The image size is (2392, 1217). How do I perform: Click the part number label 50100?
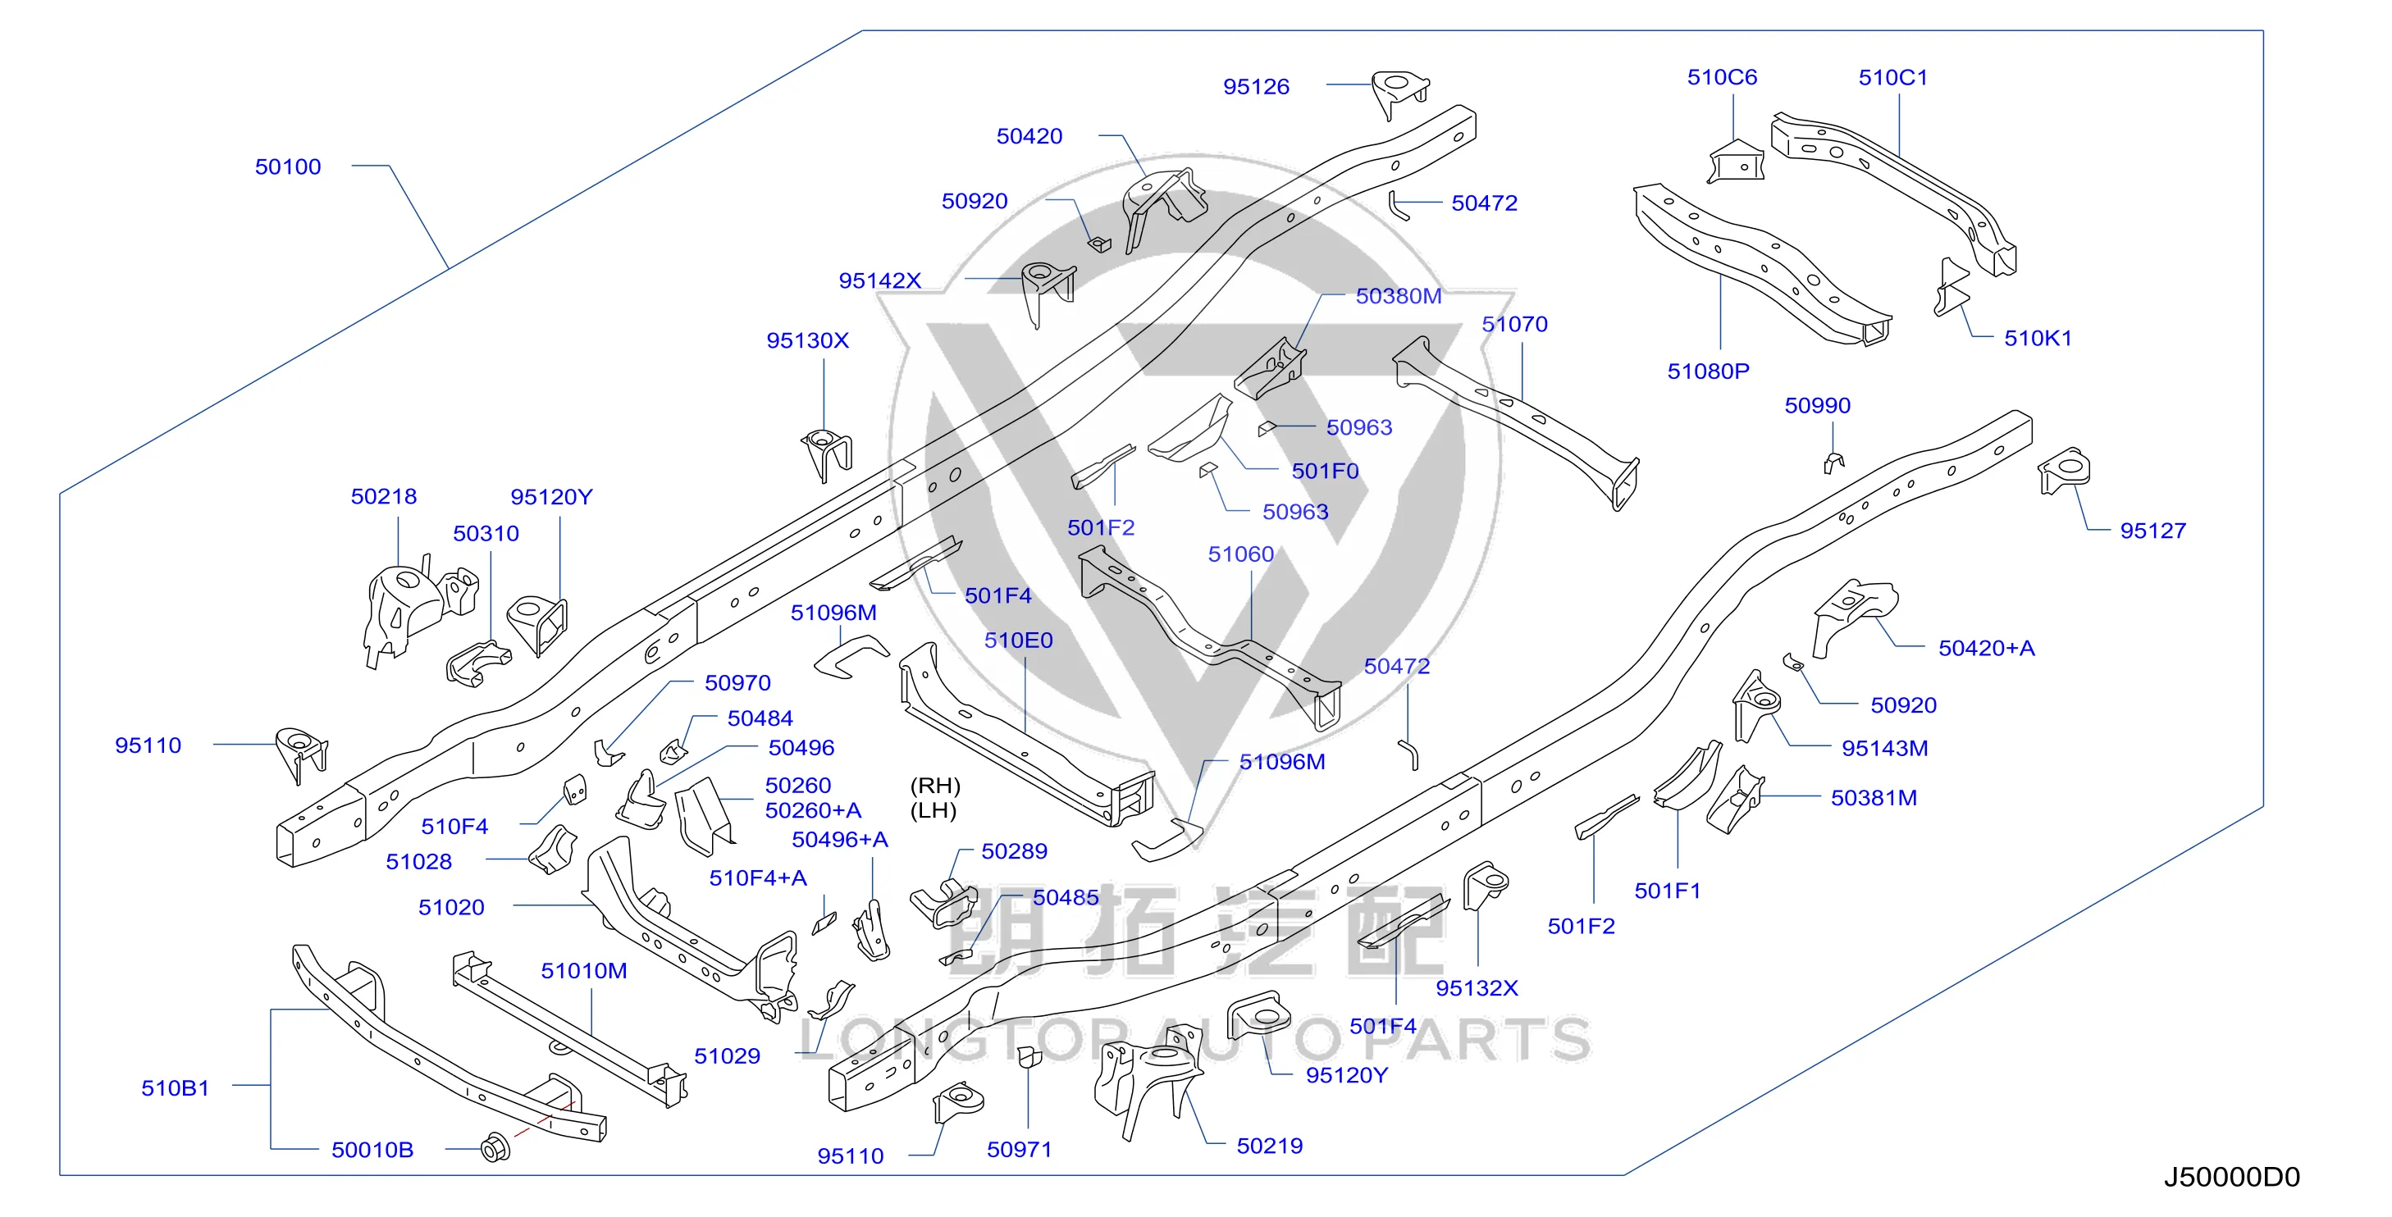pos(288,167)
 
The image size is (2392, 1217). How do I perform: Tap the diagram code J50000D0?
pos(2231,1177)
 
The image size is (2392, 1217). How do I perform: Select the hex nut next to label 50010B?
pos(495,1148)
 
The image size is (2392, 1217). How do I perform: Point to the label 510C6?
pos(1722,77)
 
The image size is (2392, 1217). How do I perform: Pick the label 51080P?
pos(1708,371)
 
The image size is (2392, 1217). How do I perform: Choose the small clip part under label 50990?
pos(1833,462)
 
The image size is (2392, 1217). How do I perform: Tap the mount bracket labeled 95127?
pos(2063,471)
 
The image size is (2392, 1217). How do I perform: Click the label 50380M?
pos(1399,296)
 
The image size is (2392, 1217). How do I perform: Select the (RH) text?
pos(935,786)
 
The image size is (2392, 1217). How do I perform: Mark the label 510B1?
pos(175,1088)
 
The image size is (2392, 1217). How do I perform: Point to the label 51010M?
pos(584,971)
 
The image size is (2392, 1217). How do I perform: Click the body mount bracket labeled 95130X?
pos(826,454)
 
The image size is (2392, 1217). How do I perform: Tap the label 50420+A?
pos(1986,648)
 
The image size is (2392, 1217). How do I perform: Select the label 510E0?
pos(1019,640)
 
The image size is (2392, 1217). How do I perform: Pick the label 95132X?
pos(1477,989)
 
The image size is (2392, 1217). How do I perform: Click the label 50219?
pos(1269,1146)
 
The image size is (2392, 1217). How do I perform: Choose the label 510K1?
pos(2038,339)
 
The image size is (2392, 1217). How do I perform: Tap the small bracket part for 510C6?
pos(1735,162)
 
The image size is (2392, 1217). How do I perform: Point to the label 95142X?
pos(879,281)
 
